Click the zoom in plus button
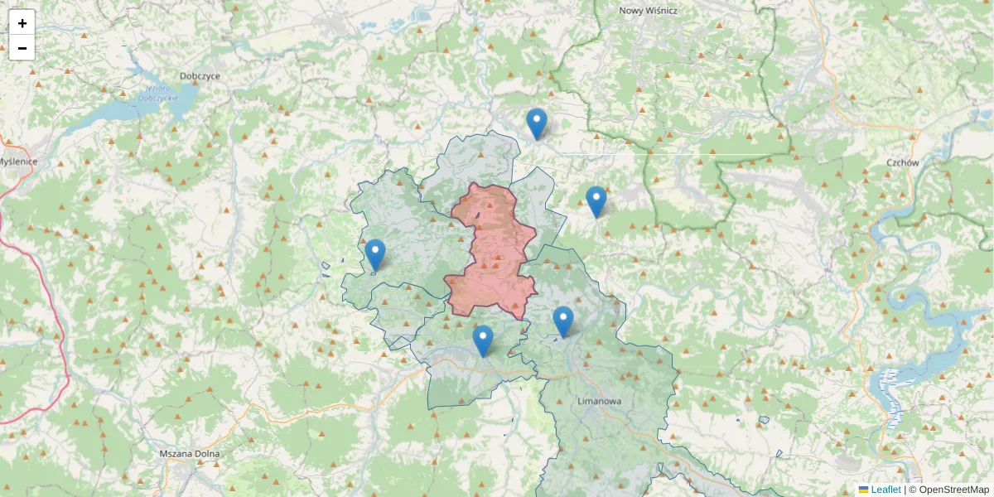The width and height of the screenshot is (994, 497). click(x=22, y=22)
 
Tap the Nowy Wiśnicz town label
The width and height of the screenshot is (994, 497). click(x=648, y=11)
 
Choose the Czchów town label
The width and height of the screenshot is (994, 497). click(x=902, y=163)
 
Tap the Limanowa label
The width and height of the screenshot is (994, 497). click(x=598, y=401)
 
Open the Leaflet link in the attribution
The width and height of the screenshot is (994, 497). click(x=885, y=490)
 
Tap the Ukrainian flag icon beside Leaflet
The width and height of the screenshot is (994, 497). click(x=863, y=490)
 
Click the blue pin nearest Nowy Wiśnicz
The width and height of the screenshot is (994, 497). click(x=537, y=124)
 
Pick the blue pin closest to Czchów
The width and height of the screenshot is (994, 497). click(x=596, y=202)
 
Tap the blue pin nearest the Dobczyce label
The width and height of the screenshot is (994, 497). click(x=375, y=255)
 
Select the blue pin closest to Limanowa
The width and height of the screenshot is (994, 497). click(x=563, y=321)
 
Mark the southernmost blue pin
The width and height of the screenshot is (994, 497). click(x=483, y=340)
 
